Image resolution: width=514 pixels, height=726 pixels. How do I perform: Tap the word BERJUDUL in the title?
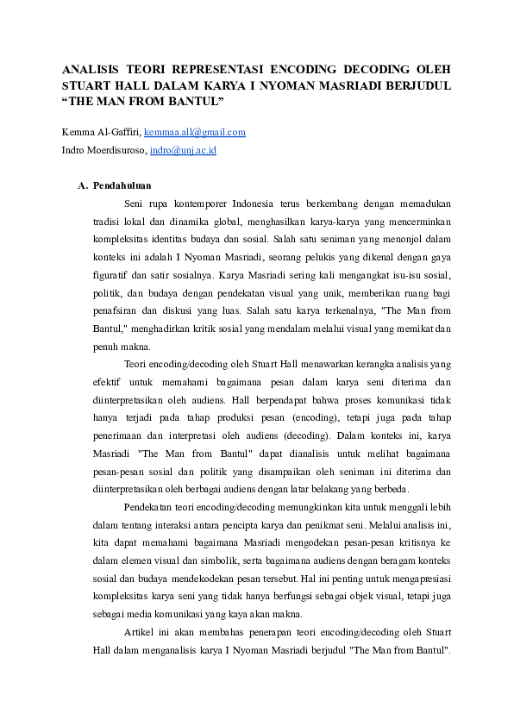(x=419, y=86)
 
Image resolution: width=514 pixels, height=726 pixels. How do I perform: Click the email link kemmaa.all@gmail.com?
(x=195, y=132)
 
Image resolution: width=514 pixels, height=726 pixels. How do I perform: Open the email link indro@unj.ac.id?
(x=182, y=149)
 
